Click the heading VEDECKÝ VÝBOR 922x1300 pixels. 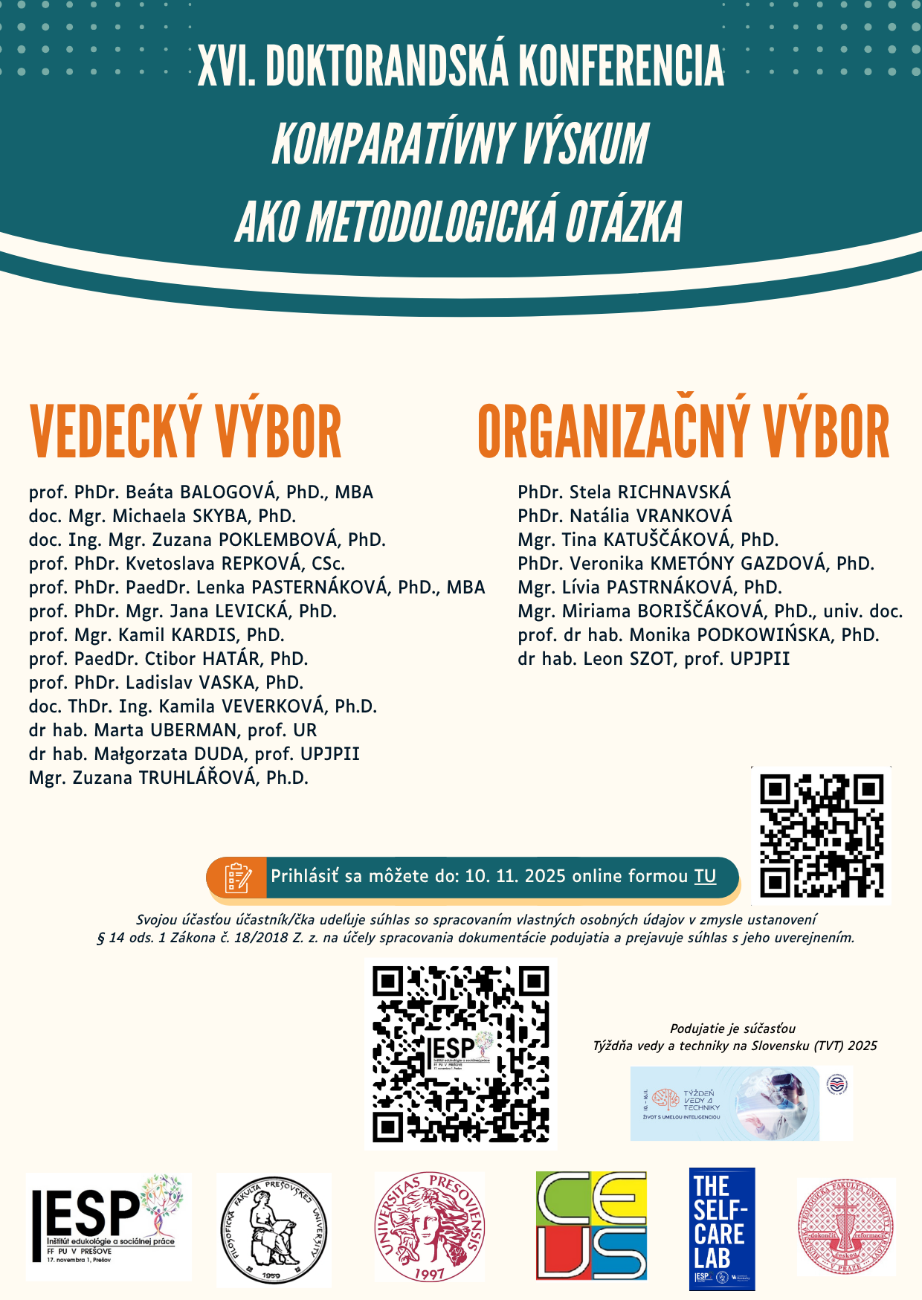pyautogui.click(x=185, y=432)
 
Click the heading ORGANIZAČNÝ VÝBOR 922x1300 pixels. pyautogui.click(x=683, y=432)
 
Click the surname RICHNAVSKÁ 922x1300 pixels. pyautogui.click(x=674, y=492)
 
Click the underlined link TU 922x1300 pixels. pyautogui.click(x=705, y=876)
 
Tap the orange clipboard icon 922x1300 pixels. pyautogui.click(x=237, y=878)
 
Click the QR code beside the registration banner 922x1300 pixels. pyautogui.click(x=821, y=835)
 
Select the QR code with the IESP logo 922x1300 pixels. pyautogui.click(x=461, y=1055)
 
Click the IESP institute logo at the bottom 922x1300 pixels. pyautogui.click(x=109, y=1227)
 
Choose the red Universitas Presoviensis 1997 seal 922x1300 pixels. pyautogui.click(x=429, y=1227)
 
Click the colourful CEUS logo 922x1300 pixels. pyautogui.click(x=591, y=1226)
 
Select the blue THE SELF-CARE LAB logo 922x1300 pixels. pyautogui.click(x=721, y=1229)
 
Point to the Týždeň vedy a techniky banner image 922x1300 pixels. pyautogui.click(x=725, y=1104)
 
